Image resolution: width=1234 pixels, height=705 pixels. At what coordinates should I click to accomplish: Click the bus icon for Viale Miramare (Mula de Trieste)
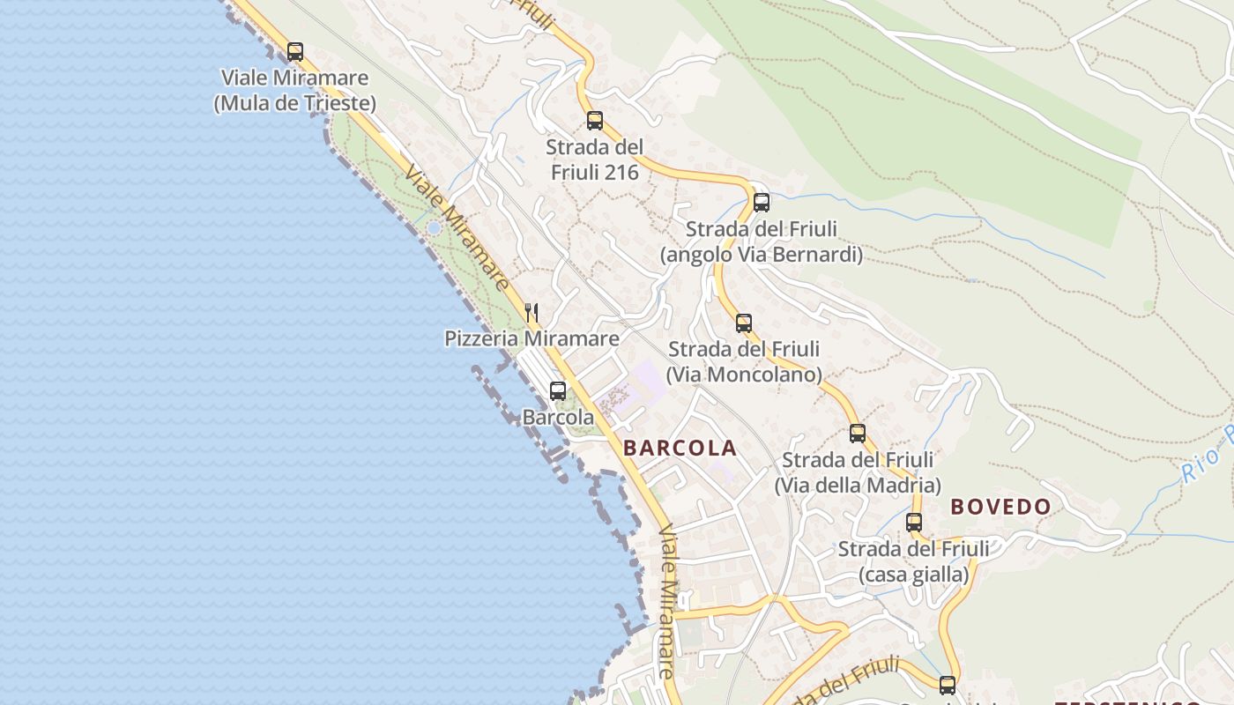click(295, 52)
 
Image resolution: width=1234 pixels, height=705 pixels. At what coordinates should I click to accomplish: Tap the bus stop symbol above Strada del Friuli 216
click(595, 121)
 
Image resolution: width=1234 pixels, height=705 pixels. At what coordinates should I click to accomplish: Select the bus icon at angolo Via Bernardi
click(762, 203)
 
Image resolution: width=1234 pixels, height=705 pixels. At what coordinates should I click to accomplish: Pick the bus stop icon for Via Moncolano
click(744, 323)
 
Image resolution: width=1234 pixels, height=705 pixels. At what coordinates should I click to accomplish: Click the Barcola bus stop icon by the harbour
click(558, 391)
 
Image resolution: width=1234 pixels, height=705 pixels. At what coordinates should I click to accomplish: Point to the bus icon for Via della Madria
click(858, 434)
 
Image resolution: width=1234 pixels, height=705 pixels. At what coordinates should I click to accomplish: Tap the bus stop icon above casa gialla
click(914, 523)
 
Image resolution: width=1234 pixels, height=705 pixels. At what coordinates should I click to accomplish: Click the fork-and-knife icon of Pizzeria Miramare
click(532, 313)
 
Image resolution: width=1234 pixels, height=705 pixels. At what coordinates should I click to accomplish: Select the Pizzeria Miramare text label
click(532, 338)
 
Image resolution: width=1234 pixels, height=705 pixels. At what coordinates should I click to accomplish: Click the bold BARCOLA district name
click(680, 448)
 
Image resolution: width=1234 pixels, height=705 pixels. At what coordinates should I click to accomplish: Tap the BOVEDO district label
click(1001, 507)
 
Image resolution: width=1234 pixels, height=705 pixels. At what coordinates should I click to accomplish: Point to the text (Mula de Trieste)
click(295, 103)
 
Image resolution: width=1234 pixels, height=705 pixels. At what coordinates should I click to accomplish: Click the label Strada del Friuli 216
click(595, 160)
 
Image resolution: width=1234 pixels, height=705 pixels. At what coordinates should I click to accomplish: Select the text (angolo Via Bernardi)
click(762, 255)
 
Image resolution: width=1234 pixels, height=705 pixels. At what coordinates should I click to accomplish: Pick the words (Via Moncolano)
click(744, 375)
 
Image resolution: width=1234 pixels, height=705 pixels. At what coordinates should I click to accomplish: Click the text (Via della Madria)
click(858, 486)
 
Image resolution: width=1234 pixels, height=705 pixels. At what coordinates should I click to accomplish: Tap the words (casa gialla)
click(914, 575)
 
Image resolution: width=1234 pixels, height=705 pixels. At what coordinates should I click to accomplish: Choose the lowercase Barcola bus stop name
click(558, 418)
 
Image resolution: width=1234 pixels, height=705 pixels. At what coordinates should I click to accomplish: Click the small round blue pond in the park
click(433, 228)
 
